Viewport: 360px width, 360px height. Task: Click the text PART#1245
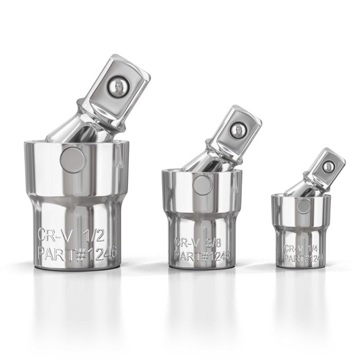pos(203,256)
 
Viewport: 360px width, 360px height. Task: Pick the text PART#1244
pos(303,259)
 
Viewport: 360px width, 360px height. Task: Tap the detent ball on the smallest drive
pos(328,166)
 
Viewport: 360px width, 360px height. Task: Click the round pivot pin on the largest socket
pos(73,159)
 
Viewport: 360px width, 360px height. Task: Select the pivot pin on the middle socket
pos(202,185)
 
